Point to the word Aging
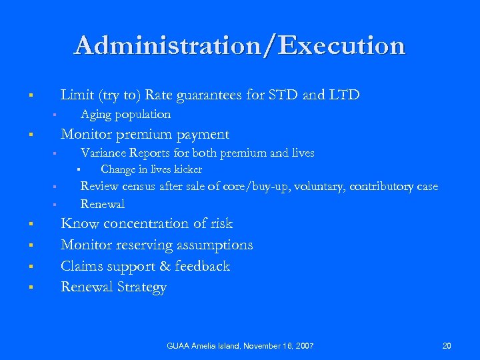[x=95, y=114]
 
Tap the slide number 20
[x=447, y=345]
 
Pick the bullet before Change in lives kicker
[x=78, y=170]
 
